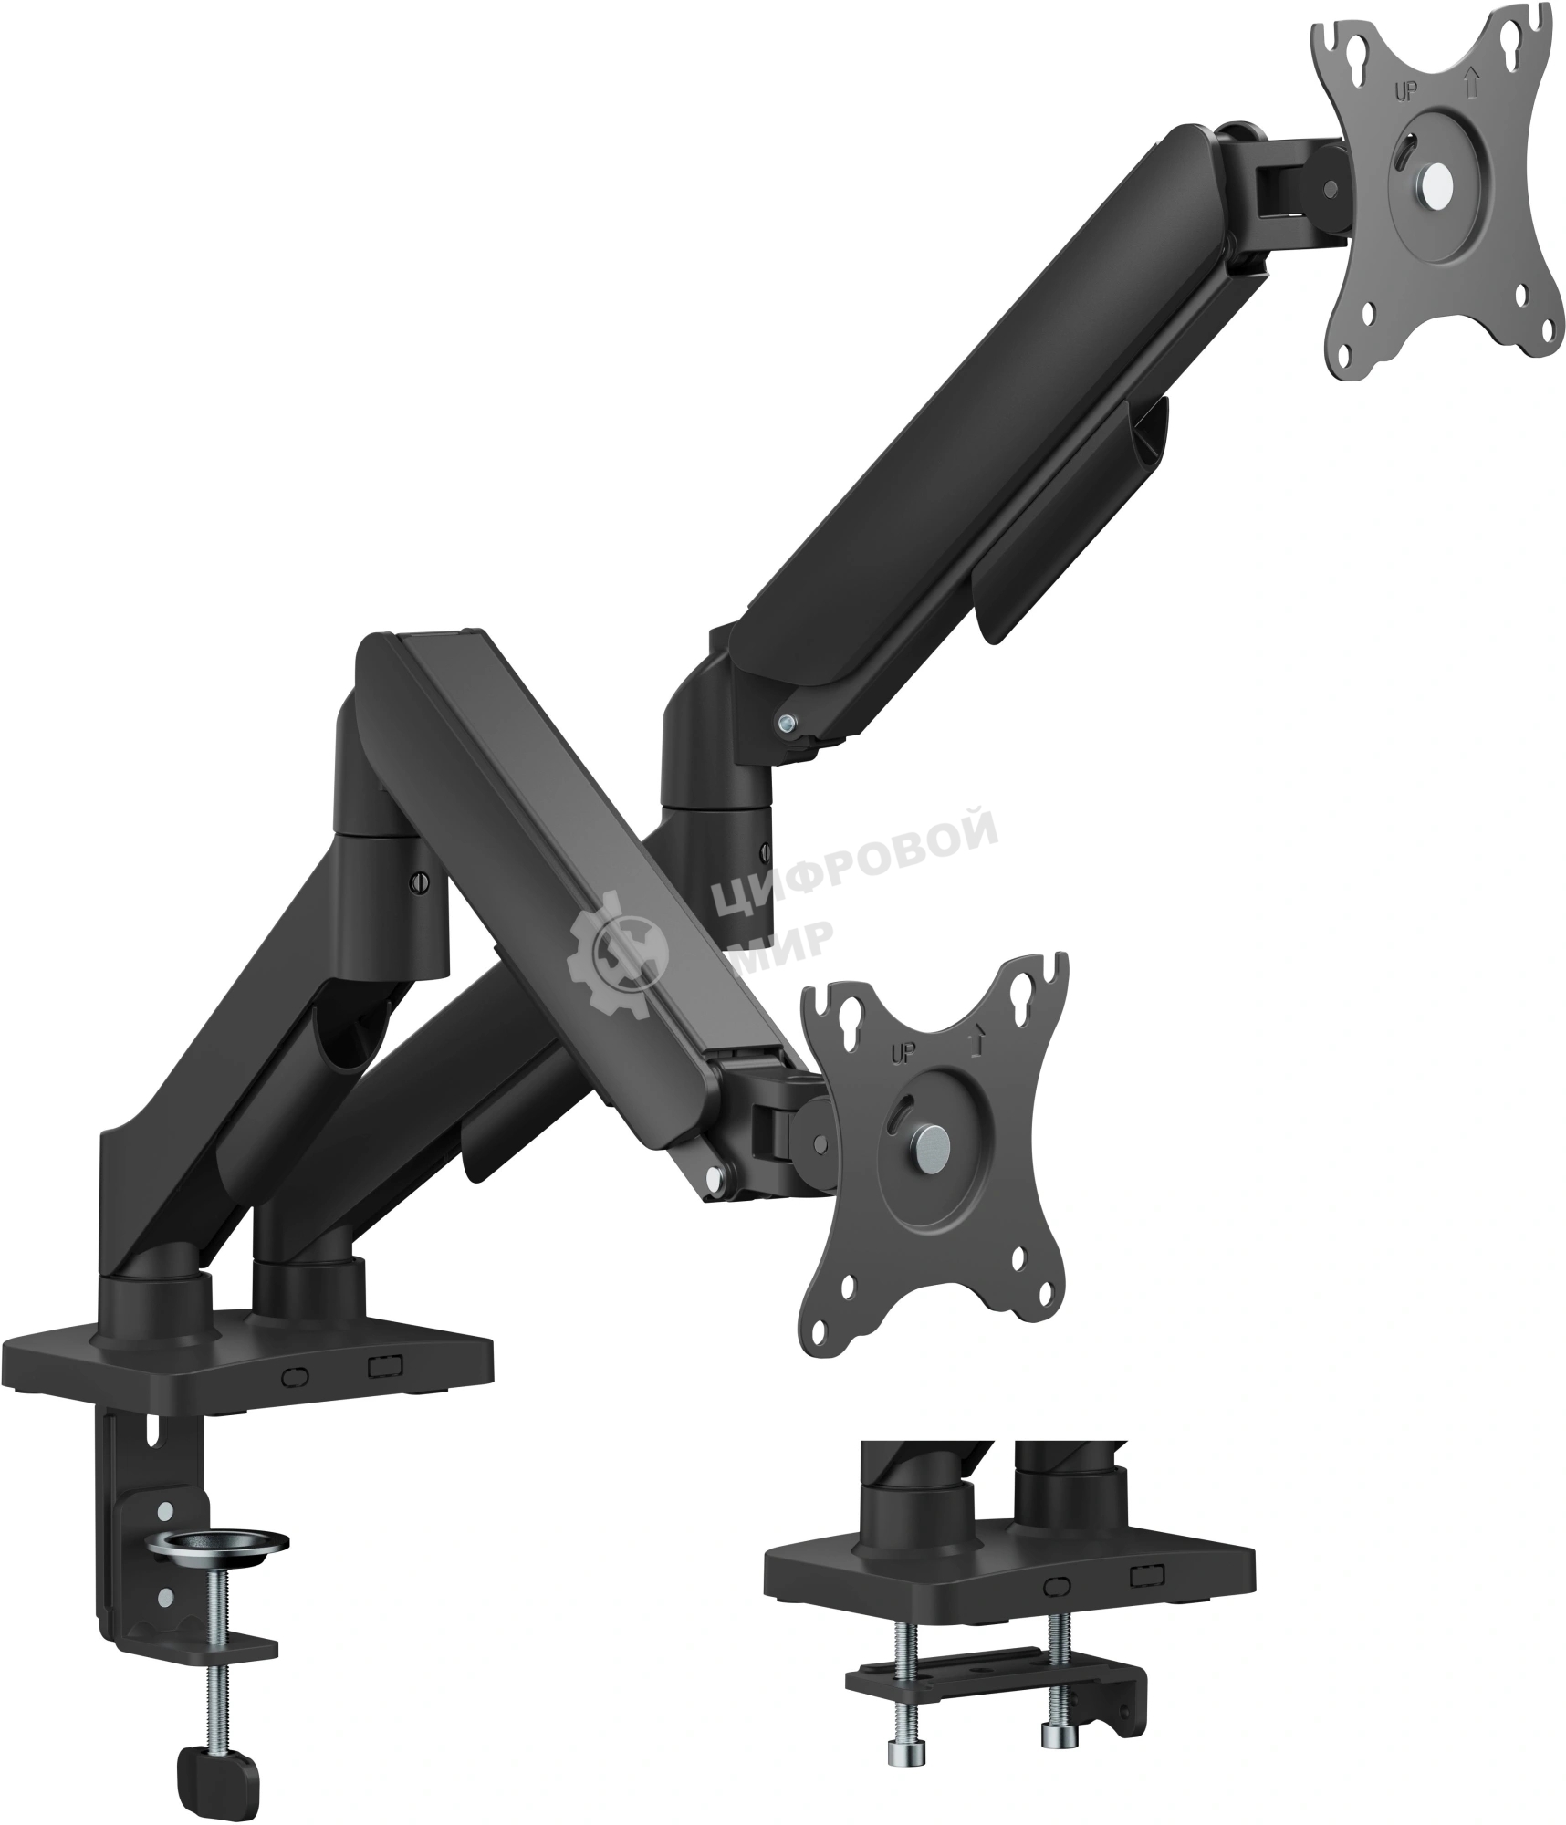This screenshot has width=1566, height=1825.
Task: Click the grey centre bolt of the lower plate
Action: point(931,1143)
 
